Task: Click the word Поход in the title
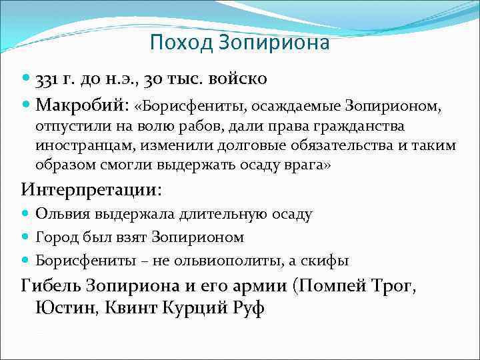click(172, 43)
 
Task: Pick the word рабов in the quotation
click(205, 127)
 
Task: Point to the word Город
click(55, 237)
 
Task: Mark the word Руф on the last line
click(251, 309)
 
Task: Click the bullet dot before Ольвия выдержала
click(26, 215)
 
